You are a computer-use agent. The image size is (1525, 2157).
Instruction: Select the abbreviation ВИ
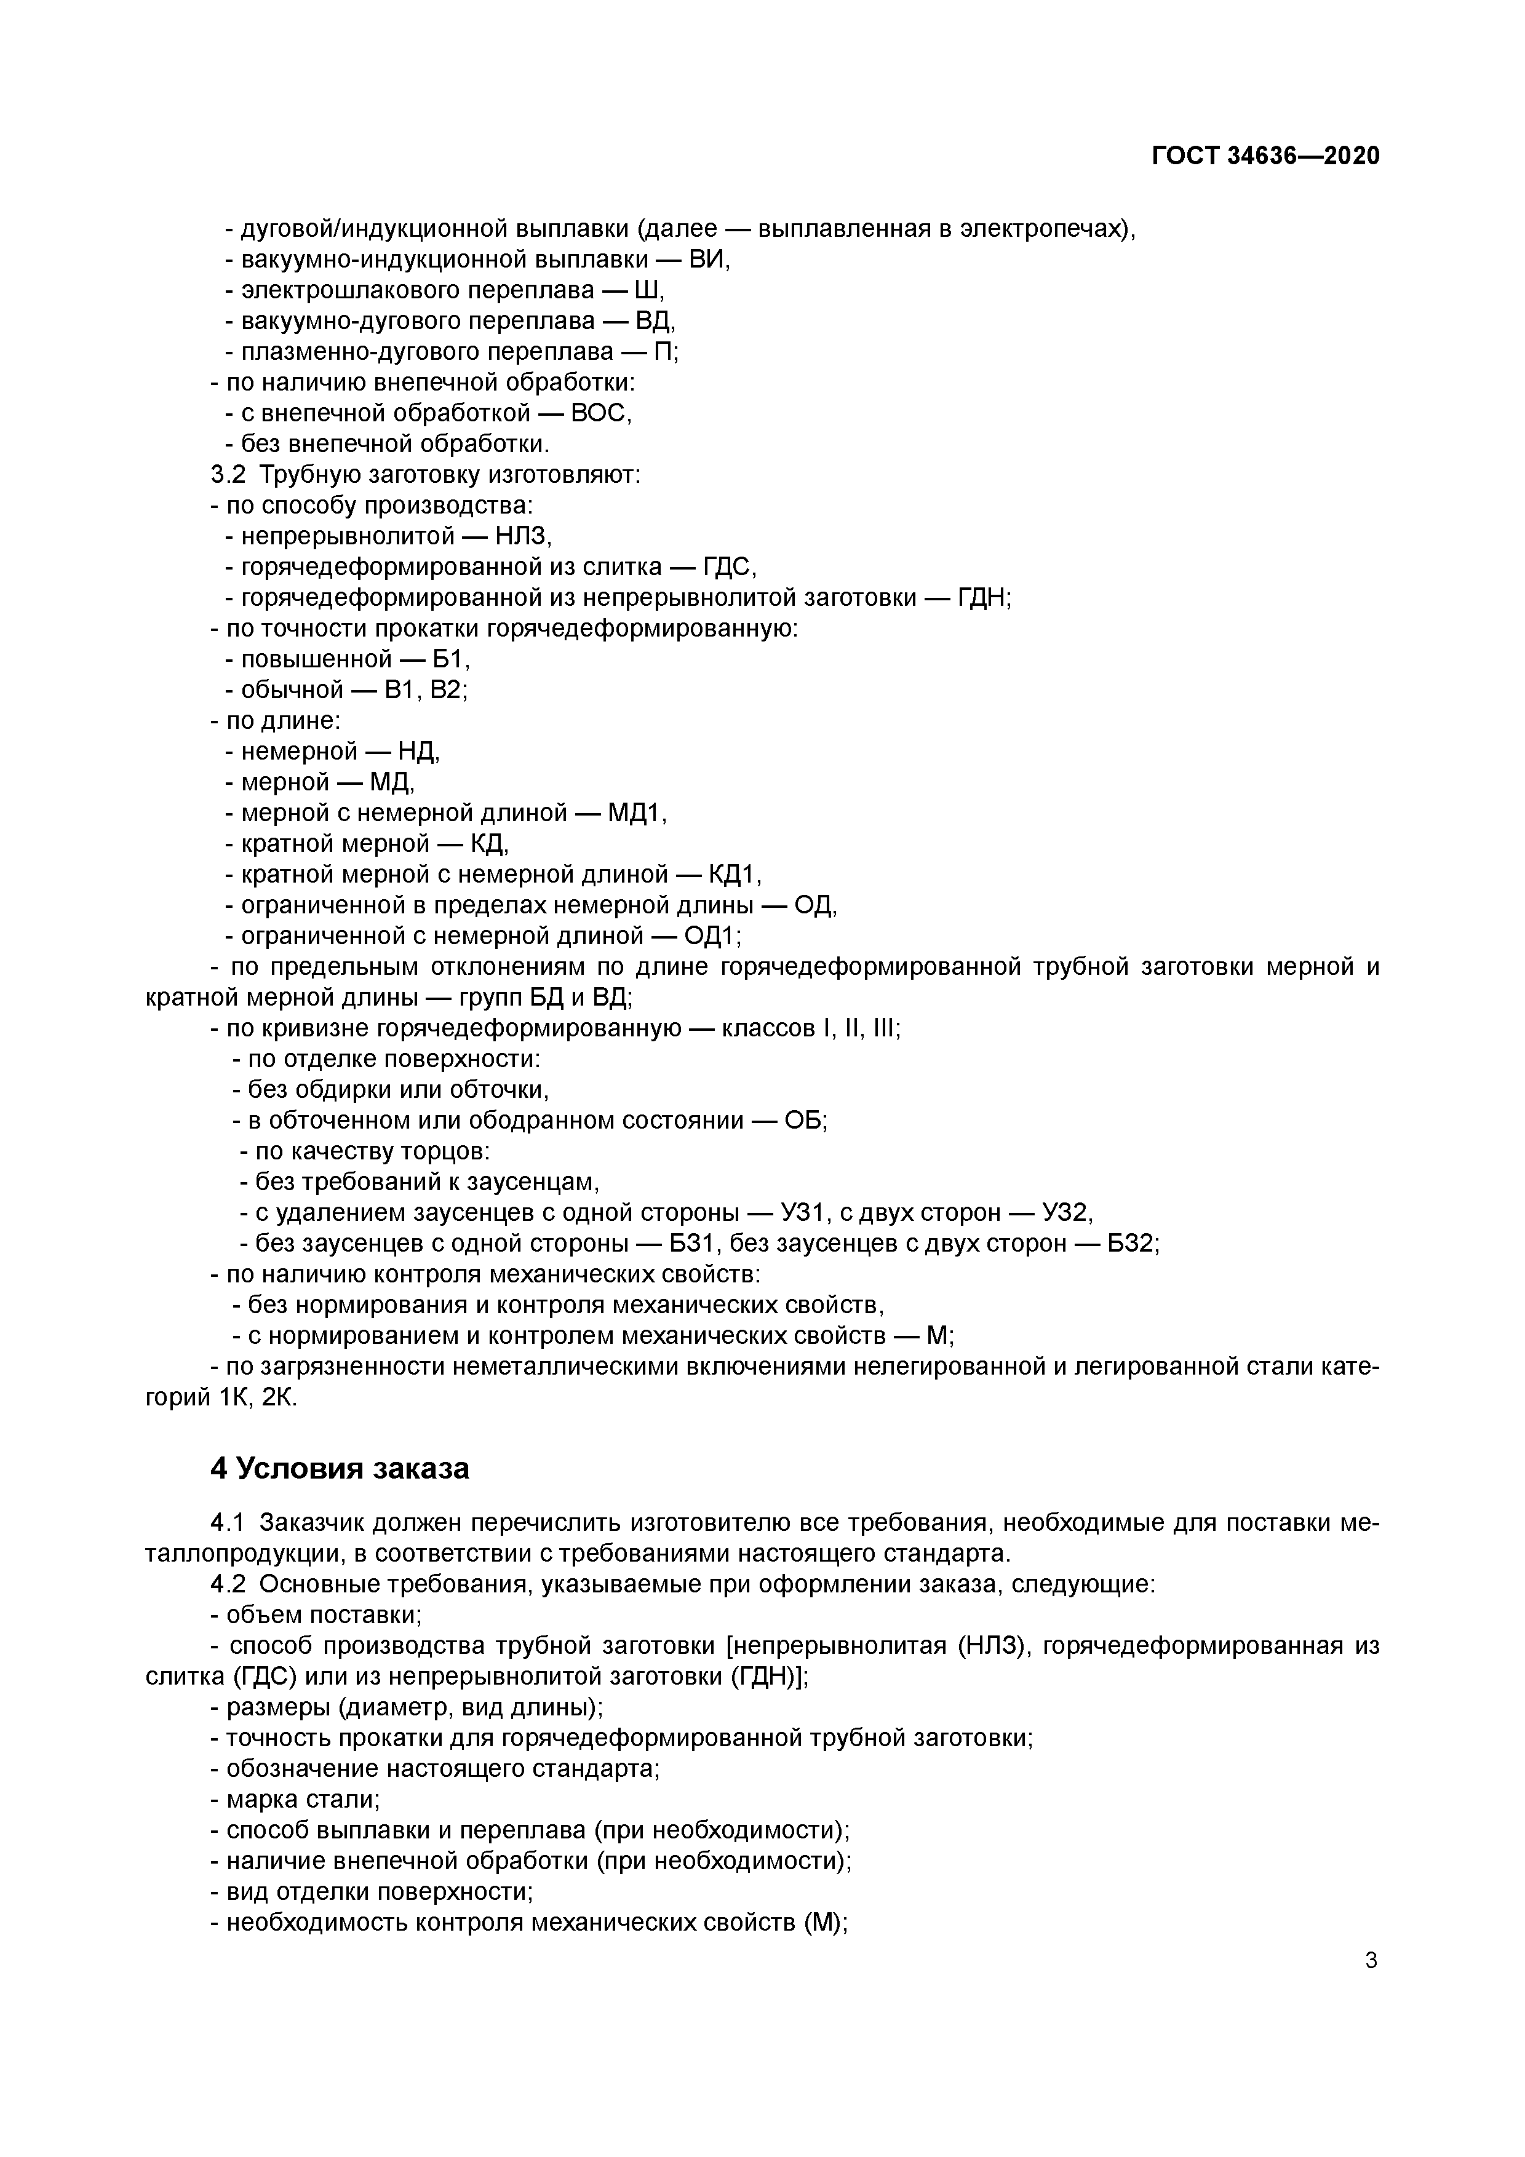(x=709, y=260)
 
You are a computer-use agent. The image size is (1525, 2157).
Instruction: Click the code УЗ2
(x=1060, y=1213)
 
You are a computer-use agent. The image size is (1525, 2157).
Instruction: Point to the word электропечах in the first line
(x=1041, y=229)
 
